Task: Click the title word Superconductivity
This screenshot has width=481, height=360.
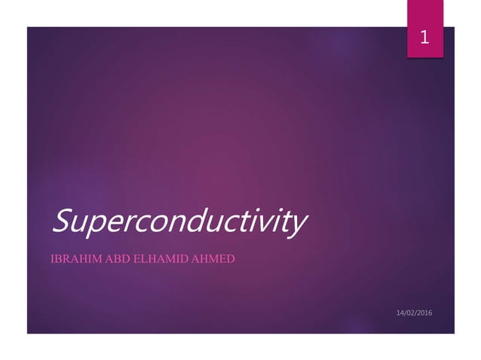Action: pyautogui.click(x=179, y=222)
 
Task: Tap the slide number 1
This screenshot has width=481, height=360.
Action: pyautogui.click(x=424, y=37)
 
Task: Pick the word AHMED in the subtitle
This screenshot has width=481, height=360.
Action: pyautogui.click(x=213, y=260)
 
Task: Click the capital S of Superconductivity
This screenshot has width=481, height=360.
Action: pyautogui.click(x=60, y=221)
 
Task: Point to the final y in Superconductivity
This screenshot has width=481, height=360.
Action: pyautogui.click(x=299, y=225)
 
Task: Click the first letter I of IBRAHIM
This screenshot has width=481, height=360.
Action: pyautogui.click(x=51, y=260)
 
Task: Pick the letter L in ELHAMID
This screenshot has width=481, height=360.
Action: pyautogui.click(x=143, y=260)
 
